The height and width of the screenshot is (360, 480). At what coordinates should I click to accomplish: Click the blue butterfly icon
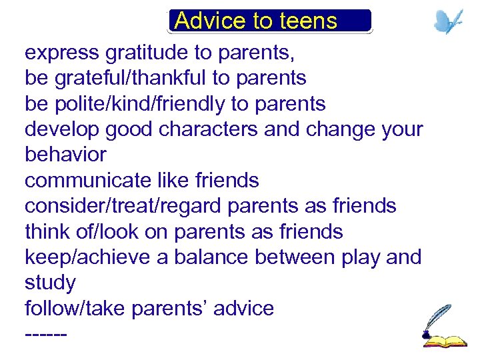click(x=448, y=21)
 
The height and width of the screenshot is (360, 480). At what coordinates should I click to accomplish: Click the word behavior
click(x=65, y=155)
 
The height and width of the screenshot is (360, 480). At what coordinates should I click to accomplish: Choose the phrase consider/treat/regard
click(x=123, y=206)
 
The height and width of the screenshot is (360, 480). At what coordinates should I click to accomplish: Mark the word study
click(x=50, y=283)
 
